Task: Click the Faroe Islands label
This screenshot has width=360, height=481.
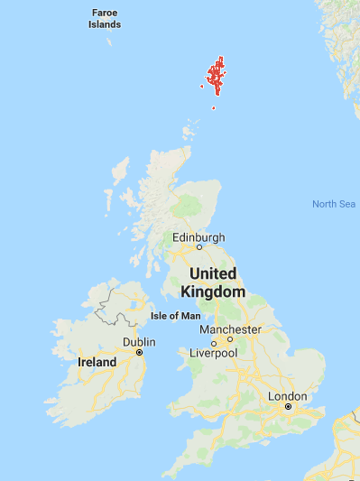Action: coord(105,19)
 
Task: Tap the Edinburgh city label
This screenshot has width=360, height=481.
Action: coord(198,237)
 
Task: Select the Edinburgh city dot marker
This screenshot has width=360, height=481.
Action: coord(199,246)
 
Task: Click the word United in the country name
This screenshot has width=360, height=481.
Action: coord(212,273)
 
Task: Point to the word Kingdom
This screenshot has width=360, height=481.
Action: coord(213,291)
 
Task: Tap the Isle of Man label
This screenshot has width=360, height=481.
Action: coord(172,315)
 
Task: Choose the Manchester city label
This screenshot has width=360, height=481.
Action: coord(230,329)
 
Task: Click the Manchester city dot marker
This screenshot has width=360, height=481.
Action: coord(229,339)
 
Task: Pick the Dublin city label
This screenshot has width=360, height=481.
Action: coord(139,342)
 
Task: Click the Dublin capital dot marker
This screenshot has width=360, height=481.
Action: coord(139,352)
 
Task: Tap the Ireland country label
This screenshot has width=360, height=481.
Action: coord(97,362)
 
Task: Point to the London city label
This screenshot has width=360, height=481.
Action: coord(288,396)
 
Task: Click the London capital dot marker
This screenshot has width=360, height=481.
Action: coord(288,407)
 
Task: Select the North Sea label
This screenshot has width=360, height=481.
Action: coord(334,204)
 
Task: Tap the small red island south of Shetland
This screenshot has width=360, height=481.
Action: coord(214,108)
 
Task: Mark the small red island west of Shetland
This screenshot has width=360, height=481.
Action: coord(200,87)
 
